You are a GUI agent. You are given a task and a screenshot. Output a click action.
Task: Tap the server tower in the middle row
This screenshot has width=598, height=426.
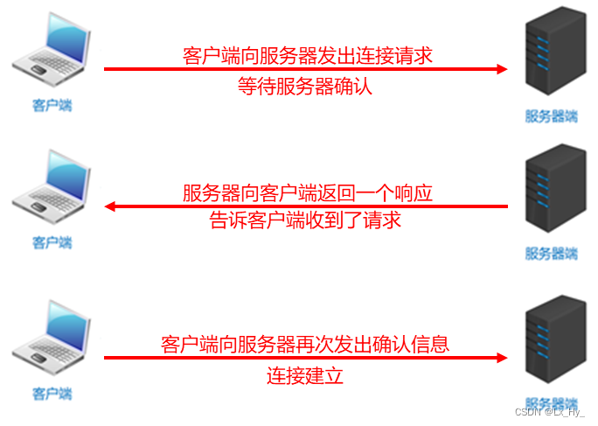point(552,193)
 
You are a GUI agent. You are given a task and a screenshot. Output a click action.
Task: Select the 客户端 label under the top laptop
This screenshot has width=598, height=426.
point(52,106)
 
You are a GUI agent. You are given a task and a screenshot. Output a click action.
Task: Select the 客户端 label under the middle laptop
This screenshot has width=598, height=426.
point(52,242)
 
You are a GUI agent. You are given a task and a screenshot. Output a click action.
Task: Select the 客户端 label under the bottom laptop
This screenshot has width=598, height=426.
point(52,393)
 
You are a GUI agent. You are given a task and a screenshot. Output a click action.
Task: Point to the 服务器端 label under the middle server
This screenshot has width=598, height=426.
point(552,254)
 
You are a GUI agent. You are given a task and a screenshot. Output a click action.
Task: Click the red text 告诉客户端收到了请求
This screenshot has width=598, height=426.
point(305,220)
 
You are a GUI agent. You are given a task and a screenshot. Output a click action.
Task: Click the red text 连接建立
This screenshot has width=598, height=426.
point(305,375)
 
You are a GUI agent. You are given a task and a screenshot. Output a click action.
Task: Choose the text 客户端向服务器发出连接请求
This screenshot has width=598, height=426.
point(308,56)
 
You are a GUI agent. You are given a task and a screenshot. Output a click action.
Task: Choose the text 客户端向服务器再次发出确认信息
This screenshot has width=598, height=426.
point(305,344)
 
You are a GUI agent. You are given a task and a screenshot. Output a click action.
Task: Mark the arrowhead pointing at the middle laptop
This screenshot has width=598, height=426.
point(110,206)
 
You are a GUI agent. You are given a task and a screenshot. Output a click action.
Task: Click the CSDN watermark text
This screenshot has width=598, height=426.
point(549,412)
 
